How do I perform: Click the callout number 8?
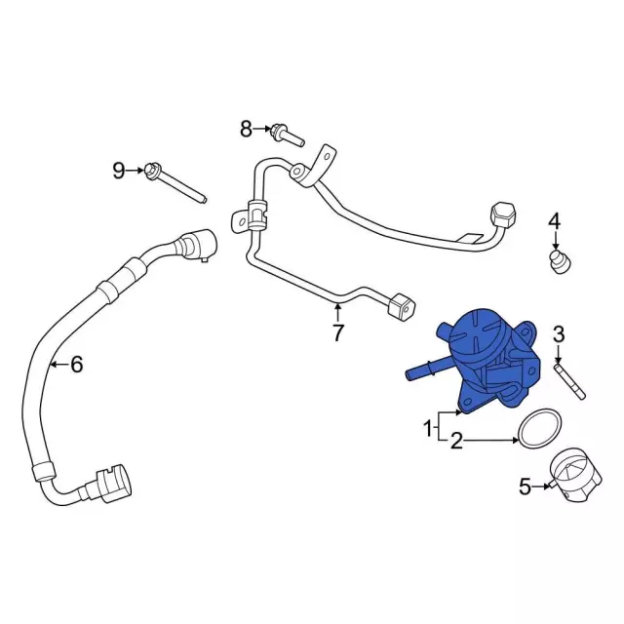246,129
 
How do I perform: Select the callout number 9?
119,171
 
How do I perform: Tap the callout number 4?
555,221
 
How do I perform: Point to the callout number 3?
559,334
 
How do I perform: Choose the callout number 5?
525,487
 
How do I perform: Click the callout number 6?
76,364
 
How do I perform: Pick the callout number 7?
337,333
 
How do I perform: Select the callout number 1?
428,429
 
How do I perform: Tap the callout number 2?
457,441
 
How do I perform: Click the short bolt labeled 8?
288,136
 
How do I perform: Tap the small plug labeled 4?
561,261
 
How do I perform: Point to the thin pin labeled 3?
569,380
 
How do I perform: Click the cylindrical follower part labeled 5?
575,476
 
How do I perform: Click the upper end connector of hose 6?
198,244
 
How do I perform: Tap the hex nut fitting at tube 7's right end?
503,215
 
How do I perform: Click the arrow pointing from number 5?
541,487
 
